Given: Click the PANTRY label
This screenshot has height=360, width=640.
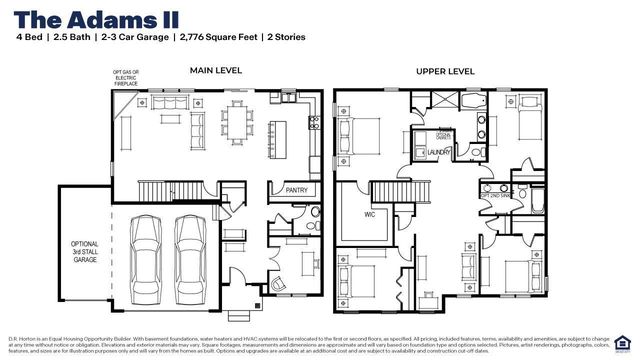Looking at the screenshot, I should (x=296, y=189).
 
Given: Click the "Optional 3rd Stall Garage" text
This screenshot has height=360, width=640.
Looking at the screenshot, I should (x=84, y=250).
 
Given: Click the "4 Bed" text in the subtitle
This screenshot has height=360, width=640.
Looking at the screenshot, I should (x=31, y=37).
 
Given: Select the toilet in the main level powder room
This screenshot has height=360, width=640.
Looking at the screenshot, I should (x=314, y=212).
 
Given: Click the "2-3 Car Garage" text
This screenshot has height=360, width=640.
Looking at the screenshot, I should (x=131, y=37).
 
